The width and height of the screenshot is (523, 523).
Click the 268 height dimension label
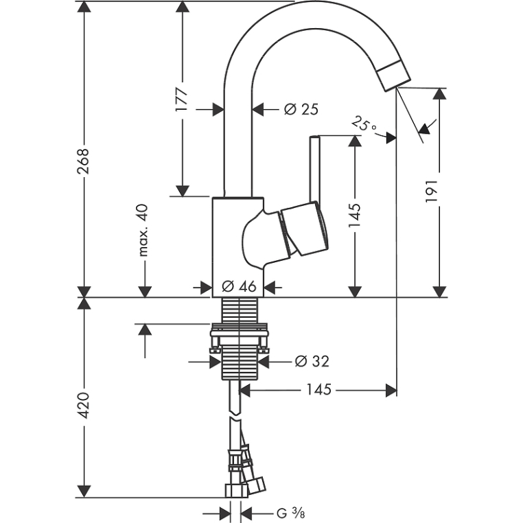(x=83, y=161)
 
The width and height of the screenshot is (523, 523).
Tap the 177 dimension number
(x=182, y=100)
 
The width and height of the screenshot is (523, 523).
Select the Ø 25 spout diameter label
(x=301, y=109)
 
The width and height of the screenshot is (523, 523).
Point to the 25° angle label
(x=364, y=124)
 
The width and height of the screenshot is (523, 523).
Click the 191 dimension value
(x=431, y=191)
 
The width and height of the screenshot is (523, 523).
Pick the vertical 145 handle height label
(x=355, y=216)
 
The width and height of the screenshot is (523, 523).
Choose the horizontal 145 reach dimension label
(x=318, y=390)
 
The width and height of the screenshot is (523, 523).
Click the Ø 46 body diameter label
(x=239, y=286)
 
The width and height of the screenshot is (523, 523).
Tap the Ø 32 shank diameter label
(x=312, y=361)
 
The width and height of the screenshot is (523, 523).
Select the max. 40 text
(x=143, y=230)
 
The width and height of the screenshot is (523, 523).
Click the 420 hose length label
(x=83, y=406)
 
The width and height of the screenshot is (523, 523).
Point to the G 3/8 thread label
(x=290, y=513)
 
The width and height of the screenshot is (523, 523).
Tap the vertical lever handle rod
(x=315, y=169)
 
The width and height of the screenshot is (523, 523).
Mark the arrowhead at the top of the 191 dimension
(x=439, y=94)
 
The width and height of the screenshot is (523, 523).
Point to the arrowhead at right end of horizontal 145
(x=391, y=390)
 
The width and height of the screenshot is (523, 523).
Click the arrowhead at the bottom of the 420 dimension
(x=83, y=491)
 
